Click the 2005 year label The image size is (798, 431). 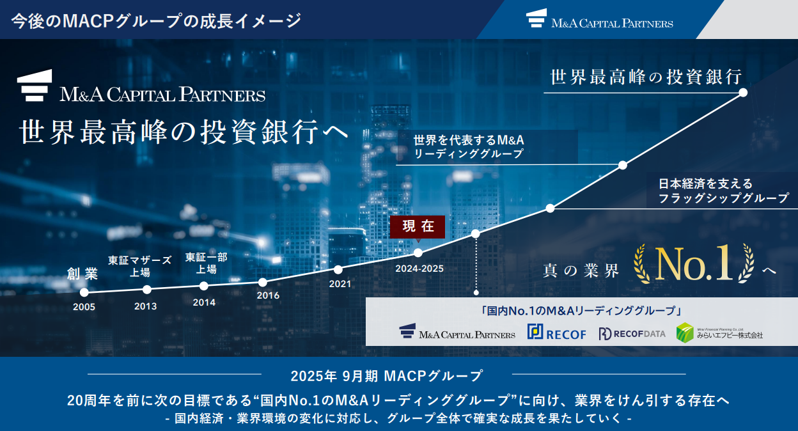coord(84,307)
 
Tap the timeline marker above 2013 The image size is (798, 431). coord(147,290)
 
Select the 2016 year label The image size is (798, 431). coord(268,295)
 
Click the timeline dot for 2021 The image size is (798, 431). coord(338,270)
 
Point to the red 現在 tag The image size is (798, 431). coord(418,227)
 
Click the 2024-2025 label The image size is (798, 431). coord(419,269)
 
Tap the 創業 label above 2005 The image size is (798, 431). coord(82,274)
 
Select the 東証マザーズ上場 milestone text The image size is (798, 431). coord(139,266)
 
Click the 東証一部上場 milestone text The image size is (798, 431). coord(207,263)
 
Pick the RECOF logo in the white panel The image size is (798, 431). coord(556,333)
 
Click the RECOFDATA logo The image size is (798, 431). coord(632,334)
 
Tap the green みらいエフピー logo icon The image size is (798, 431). coord(685,333)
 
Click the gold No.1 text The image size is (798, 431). coord(694,263)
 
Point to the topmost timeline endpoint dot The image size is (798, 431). coord(743,93)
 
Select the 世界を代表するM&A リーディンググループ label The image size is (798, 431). coord(469,146)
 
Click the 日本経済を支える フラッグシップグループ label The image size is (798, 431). coord(723,191)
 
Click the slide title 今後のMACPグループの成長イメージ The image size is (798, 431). coord(157,20)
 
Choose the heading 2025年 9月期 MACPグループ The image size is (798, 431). coord(386,376)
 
